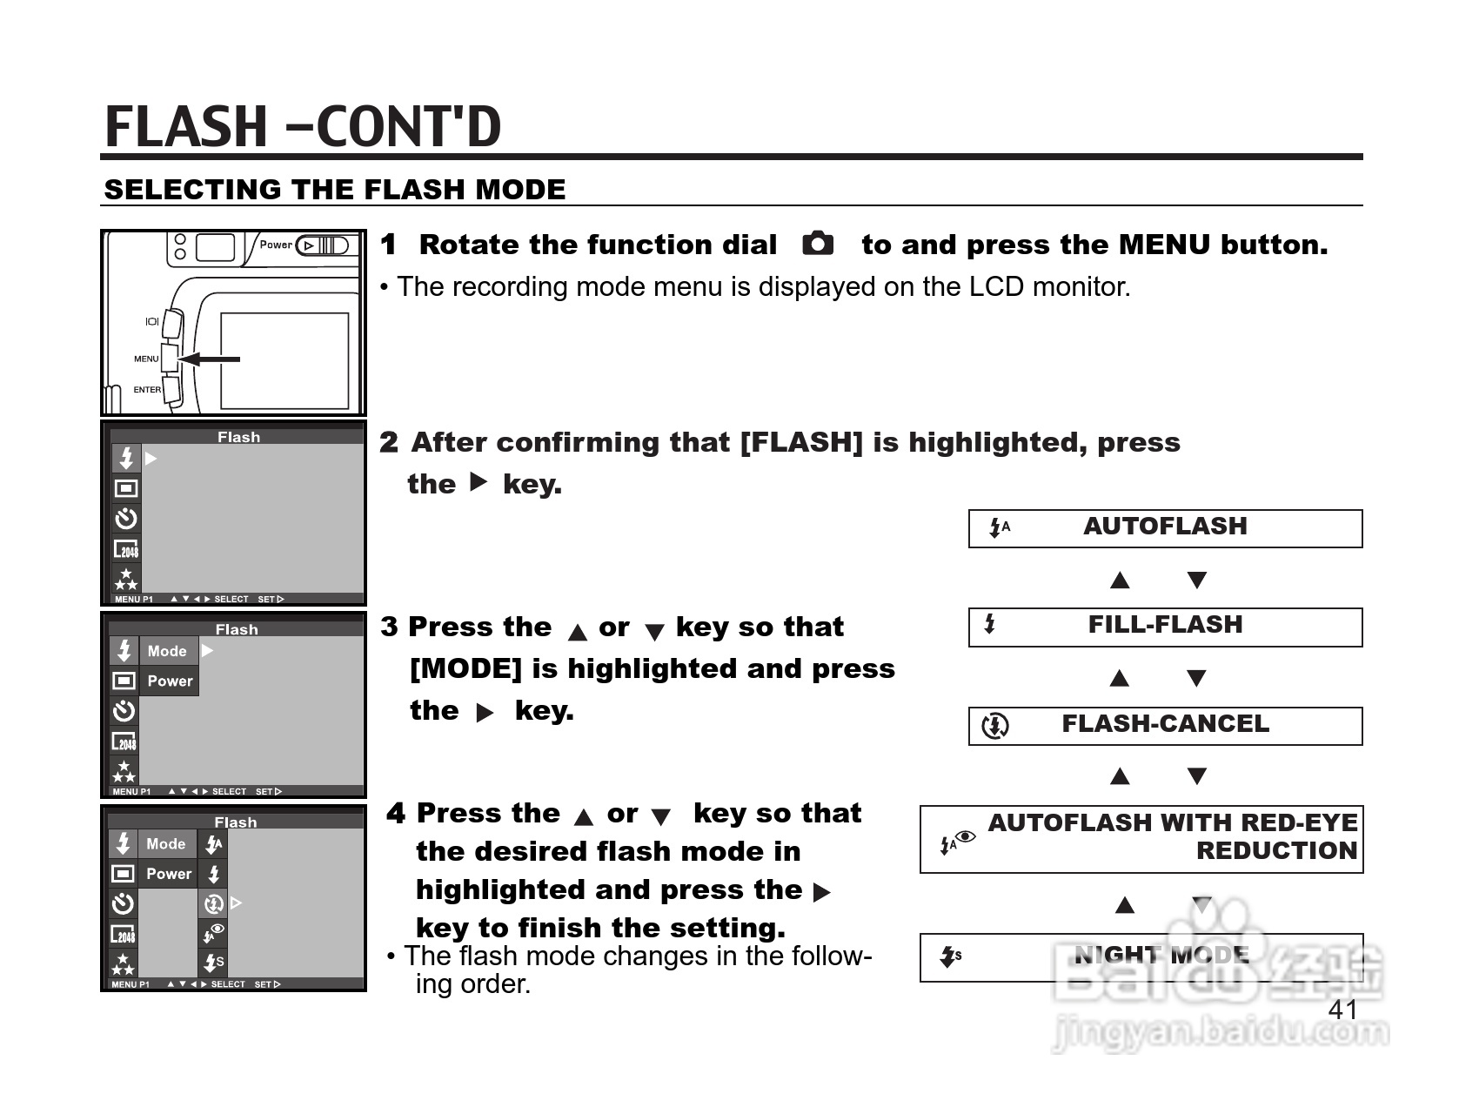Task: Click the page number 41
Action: coord(1343,1010)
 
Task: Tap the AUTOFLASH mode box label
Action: coord(1165,527)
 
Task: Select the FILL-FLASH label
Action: coord(1165,625)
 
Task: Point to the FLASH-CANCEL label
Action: coord(1165,724)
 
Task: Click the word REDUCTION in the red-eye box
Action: coord(1276,851)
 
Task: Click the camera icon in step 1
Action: coord(817,244)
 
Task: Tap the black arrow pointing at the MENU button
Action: coord(209,359)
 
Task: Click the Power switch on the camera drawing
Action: coord(323,245)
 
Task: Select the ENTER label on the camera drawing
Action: coord(147,390)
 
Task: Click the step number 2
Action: coord(389,443)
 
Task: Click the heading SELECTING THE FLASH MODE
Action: coord(335,190)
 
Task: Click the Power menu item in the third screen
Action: coord(170,681)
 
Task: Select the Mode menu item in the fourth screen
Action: coord(165,844)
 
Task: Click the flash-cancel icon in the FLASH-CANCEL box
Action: coord(994,726)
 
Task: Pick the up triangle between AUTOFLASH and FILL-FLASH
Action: coord(1121,580)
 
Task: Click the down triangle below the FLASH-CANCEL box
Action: coord(1197,776)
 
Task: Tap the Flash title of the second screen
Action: coord(238,438)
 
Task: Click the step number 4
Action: coord(396,815)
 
